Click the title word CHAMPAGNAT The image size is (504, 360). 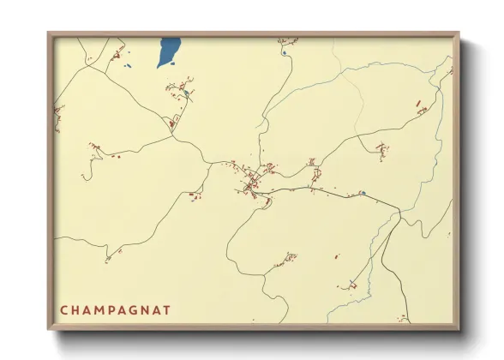(115, 309)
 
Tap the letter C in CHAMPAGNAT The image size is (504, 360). (64, 309)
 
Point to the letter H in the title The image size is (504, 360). (76, 309)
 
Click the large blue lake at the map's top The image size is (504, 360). (168, 53)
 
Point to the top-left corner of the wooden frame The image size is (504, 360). (48, 33)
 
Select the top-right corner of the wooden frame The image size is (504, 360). (459, 33)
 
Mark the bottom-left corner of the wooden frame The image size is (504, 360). (48, 329)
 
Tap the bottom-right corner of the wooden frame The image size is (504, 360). (459, 329)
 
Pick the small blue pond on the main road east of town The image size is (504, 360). (363, 193)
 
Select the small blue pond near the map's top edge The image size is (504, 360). (285, 52)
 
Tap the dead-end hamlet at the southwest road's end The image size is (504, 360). (108, 257)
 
